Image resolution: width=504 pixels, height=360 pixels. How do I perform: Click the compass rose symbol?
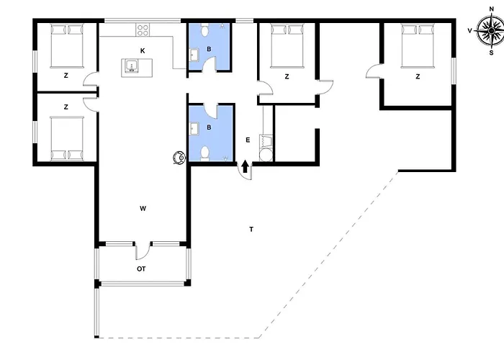tap(491, 30)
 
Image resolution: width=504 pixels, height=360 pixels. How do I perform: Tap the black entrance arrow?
tap(245, 166)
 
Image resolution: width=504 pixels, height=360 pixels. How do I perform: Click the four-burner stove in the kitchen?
tap(143, 30)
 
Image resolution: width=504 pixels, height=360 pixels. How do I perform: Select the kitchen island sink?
tap(132, 66)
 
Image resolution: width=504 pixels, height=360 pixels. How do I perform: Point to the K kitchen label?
tap(143, 51)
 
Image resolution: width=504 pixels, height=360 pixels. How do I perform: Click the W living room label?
tap(143, 209)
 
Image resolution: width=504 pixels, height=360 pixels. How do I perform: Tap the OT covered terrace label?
tap(141, 269)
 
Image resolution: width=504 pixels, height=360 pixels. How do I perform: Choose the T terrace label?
tap(251, 229)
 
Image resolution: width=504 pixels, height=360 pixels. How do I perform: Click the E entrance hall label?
tap(248, 140)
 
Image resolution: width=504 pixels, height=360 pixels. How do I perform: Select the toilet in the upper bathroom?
tap(204, 30)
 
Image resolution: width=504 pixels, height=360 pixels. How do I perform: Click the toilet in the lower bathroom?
tap(204, 153)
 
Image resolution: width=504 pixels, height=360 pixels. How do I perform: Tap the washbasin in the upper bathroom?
tap(194, 54)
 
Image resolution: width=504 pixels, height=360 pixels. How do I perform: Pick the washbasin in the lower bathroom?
tap(194, 129)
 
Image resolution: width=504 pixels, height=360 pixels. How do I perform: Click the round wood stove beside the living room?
tap(179, 158)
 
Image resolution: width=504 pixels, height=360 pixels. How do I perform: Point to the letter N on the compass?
tap(491, 9)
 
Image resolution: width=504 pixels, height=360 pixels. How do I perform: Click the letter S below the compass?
tap(491, 53)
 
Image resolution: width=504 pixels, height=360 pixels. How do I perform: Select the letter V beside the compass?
tap(469, 31)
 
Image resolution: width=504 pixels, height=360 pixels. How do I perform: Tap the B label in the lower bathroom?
tap(209, 127)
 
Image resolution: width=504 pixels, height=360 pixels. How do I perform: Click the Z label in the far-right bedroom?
tap(418, 76)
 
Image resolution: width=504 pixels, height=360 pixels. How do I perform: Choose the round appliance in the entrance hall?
tap(266, 155)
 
